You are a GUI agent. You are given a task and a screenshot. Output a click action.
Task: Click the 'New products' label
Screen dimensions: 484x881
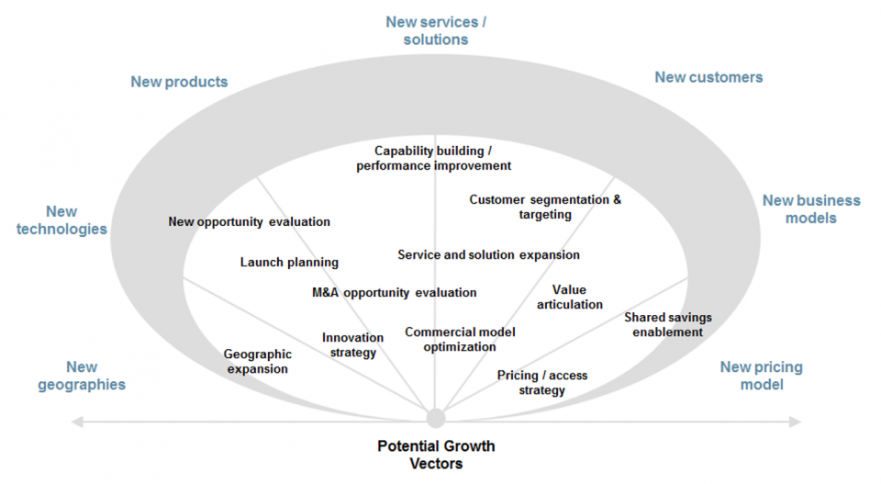click(x=179, y=82)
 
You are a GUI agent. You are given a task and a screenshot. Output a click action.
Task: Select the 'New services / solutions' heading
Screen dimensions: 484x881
click(x=436, y=30)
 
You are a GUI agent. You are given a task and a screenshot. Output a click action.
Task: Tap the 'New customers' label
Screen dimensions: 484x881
click(x=708, y=77)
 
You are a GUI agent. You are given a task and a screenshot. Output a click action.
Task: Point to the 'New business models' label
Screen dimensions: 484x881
click(x=811, y=208)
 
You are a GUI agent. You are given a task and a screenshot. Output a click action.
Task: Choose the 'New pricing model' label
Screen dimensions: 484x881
click(x=761, y=376)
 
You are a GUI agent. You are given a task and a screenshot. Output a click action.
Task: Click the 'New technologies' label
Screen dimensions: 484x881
click(x=61, y=220)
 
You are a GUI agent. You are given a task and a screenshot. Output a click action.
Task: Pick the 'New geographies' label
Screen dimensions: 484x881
click(x=82, y=376)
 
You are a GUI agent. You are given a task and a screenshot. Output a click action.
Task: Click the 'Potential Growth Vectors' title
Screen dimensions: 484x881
click(x=436, y=455)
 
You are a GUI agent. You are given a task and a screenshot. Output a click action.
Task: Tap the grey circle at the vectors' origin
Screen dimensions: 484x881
click(x=436, y=419)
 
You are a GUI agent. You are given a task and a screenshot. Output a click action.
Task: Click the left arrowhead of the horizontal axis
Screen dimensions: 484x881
click(x=77, y=422)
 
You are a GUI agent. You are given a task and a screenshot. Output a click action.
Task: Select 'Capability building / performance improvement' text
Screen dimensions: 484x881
click(x=434, y=158)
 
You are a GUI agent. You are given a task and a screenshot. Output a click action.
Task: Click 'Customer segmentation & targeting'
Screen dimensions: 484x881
click(x=545, y=207)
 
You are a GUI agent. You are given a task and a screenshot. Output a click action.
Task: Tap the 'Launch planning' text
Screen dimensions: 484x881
click(x=289, y=262)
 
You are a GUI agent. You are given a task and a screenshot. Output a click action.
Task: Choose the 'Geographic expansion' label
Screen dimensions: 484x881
click(x=258, y=361)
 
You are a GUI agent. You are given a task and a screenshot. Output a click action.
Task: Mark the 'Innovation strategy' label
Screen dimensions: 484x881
click(x=352, y=344)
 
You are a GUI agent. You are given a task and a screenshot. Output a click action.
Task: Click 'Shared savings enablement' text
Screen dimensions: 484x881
click(x=668, y=324)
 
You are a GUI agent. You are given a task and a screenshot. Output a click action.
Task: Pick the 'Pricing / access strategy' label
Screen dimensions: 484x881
click(x=542, y=382)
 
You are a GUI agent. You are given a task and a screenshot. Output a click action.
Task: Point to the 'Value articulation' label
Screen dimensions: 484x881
click(x=570, y=297)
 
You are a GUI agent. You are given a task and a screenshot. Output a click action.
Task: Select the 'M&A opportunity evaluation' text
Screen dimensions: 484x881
click(x=395, y=292)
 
